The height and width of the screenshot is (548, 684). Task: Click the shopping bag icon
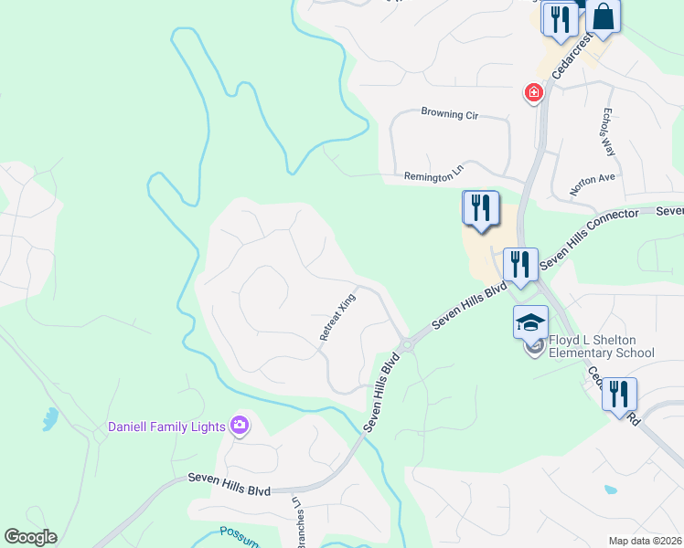pos(604,16)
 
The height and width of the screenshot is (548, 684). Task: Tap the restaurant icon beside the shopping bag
pos(560,18)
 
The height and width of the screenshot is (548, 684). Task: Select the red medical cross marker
pos(532,92)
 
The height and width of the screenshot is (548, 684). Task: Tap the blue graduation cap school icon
pos(530,322)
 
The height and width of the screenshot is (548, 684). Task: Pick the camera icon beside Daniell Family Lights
pos(240,424)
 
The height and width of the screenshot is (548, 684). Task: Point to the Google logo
pos(30,537)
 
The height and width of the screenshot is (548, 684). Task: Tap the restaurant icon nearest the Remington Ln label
pos(480,208)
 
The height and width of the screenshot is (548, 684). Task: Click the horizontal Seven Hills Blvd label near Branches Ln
pos(230,484)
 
